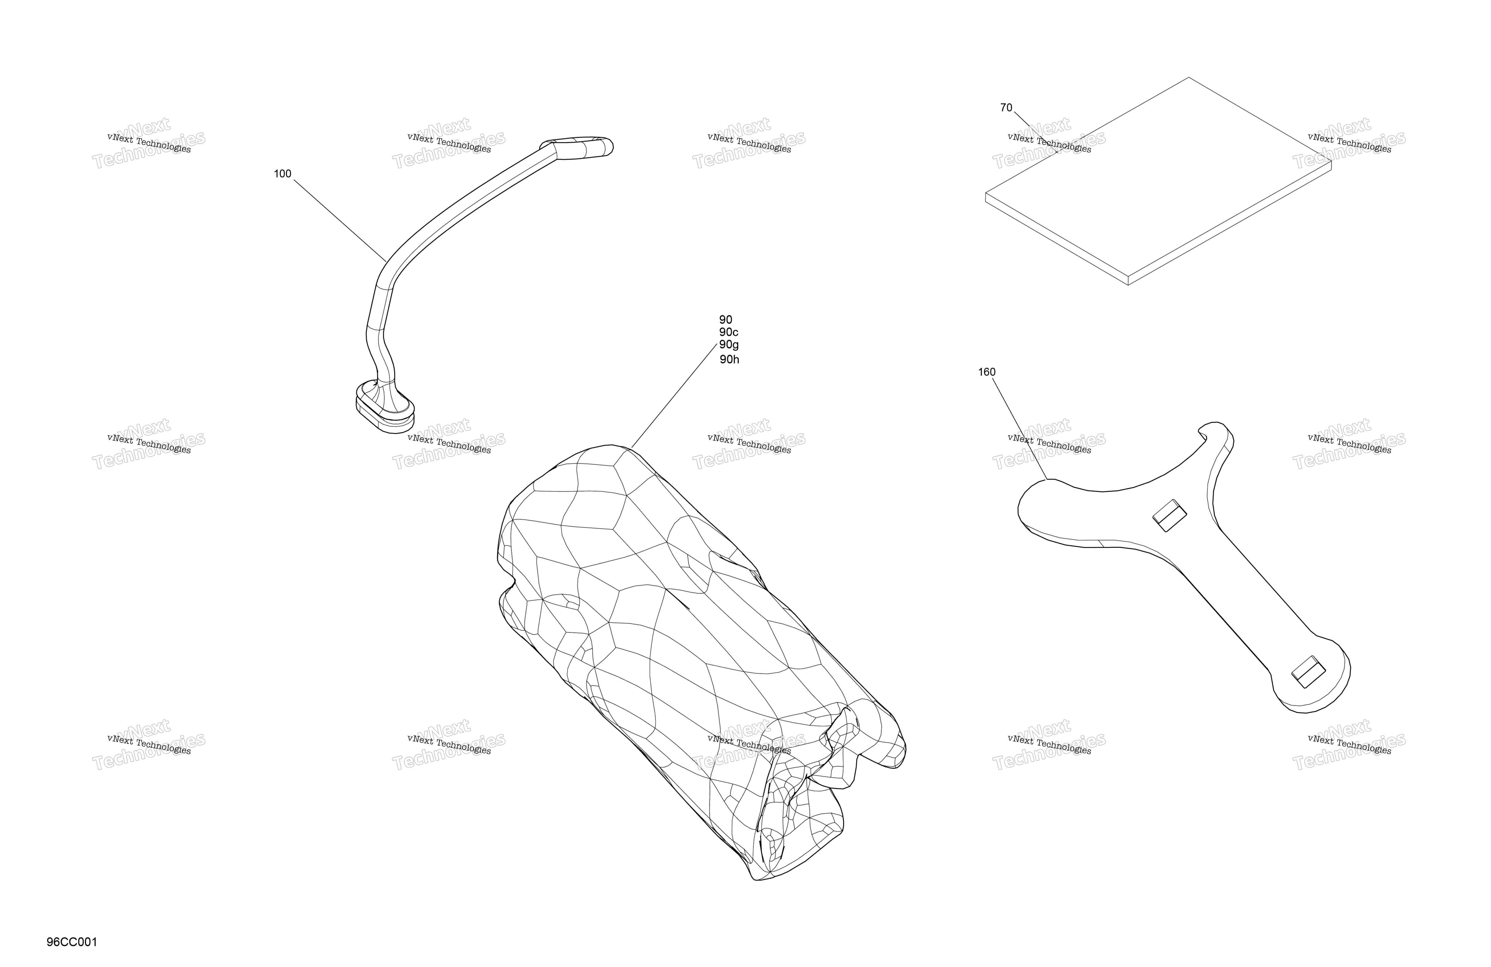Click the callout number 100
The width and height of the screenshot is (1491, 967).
(x=283, y=174)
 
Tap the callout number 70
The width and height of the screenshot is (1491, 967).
(x=1006, y=108)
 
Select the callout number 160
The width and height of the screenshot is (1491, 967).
(x=987, y=372)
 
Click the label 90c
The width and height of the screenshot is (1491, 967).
(x=729, y=332)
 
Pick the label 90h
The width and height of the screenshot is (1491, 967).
(x=729, y=360)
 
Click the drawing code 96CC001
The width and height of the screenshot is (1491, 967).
(x=72, y=942)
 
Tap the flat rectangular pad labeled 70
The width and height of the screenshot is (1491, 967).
(x=1159, y=182)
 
